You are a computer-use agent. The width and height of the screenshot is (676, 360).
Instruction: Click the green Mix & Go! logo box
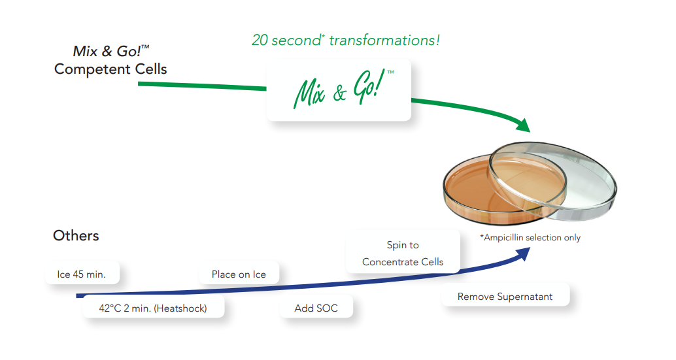[338, 91]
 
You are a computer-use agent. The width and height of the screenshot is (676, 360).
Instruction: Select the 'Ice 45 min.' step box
[82, 274]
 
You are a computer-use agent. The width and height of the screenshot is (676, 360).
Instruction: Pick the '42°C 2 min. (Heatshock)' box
[153, 308]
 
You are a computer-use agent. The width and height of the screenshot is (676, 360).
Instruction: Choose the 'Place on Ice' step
[239, 274]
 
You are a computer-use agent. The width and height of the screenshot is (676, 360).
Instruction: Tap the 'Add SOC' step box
[316, 308]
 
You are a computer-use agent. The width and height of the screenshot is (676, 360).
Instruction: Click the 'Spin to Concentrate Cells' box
[403, 254]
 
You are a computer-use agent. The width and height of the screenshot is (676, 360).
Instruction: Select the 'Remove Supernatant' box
[505, 297]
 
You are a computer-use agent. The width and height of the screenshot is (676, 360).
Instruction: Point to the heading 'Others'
[76, 236]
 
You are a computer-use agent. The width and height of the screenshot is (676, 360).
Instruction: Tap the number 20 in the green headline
[260, 41]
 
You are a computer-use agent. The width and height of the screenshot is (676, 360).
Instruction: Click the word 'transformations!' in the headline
[384, 41]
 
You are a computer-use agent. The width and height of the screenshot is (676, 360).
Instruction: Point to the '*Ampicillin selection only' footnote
[530, 238]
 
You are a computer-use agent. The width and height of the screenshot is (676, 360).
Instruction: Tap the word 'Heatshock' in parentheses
[180, 308]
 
